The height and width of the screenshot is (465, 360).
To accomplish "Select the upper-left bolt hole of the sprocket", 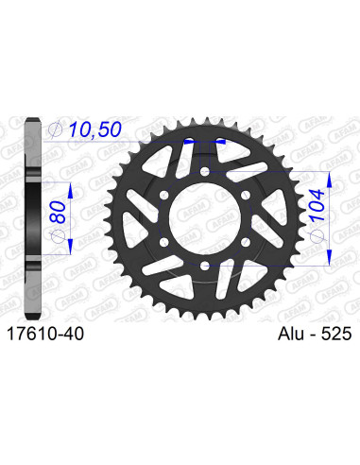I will (163, 196).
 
